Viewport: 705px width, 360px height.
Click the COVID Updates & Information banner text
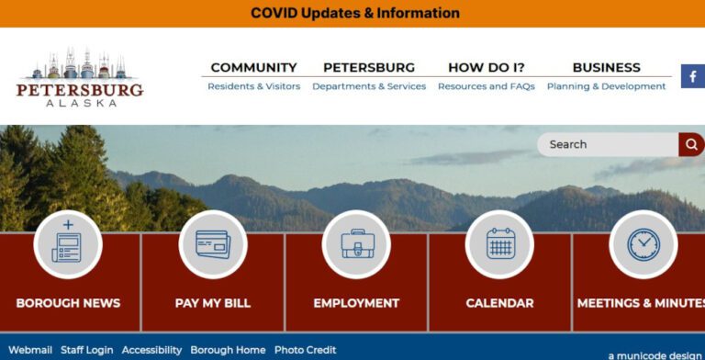(x=354, y=14)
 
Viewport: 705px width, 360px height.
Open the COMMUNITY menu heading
(x=253, y=67)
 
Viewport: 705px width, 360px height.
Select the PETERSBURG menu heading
(x=369, y=67)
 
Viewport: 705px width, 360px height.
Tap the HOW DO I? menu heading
(x=486, y=67)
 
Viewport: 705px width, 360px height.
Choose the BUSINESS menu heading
(x=606, y=67)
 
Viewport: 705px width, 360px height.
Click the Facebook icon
(x=692, y=76)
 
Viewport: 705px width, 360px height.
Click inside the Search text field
(x=606, y=144)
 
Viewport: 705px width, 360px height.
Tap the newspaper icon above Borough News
(x=68, y=243)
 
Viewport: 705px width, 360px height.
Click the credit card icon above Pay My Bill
(x=212, y=243)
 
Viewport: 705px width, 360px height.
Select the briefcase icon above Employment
(x=356, y=243)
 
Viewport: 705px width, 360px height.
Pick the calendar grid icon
(x=499, y=243)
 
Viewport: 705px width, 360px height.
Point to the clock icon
(x=643, y=243)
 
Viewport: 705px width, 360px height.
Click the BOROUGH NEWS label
(x=68, y=303)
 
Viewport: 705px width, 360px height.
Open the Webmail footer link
(x=30, y=350)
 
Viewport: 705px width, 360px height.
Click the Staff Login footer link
(x=87, y=350)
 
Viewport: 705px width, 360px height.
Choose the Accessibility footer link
(x=152, y=350)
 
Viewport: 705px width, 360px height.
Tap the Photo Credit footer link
(x=305, y=350)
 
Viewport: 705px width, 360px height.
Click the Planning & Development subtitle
(x=606, y=86)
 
